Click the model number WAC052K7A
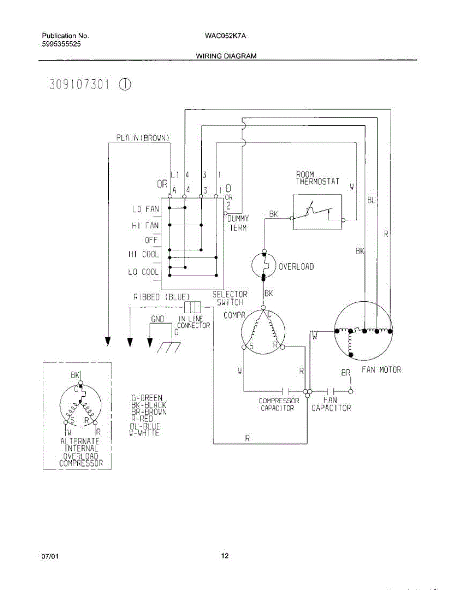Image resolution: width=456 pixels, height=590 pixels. [x=220, y=36]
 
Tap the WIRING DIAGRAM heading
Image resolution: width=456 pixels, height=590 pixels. [x=226, y=56]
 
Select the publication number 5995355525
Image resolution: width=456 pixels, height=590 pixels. [x=61, y=44]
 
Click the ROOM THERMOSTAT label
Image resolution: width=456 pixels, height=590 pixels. [x=317, y=178]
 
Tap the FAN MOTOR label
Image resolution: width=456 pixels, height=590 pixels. [x=381, y=370]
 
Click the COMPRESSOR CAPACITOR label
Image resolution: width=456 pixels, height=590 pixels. [x=278, y=405]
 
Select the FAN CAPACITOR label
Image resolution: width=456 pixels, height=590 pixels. [x=331, y=404]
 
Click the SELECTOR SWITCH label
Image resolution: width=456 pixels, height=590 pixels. [x=230, y=298]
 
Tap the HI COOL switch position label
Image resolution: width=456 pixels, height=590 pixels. [x=144, y=254]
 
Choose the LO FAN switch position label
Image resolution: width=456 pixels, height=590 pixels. [x=145, y=209]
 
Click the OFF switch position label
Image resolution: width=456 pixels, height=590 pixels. [x=151, y=240]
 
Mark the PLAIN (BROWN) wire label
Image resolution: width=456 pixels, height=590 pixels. [x=143, y=138]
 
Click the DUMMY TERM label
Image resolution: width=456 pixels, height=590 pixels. [x=238, y=223]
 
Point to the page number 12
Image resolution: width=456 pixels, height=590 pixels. [x=225, y=556]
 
